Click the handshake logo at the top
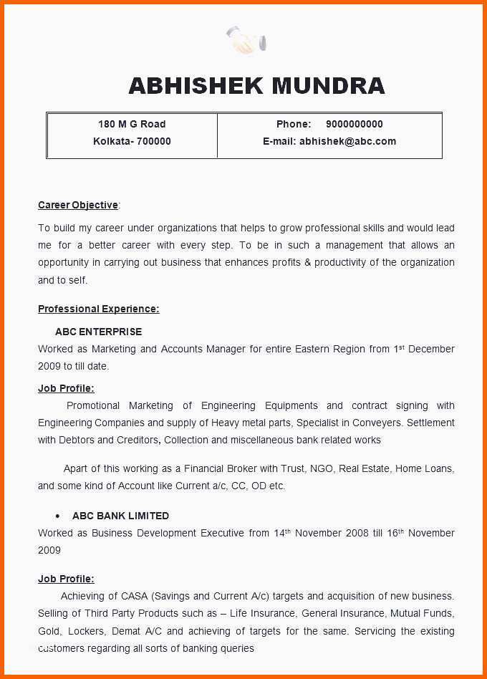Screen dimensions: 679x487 (x=246, y=40)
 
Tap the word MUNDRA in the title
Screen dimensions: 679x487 (x=329, y=86)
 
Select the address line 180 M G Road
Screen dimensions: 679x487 (x=132, y=124)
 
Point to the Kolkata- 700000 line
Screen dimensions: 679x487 (x=132, y=141)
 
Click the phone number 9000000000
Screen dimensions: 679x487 (x=354, y=124)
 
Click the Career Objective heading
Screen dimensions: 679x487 (x=78, y=206)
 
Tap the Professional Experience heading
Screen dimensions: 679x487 (x=98, y=309)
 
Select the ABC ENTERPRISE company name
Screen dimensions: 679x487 (x=98, y=332)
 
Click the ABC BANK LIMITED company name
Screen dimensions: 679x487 (x=120, y=516)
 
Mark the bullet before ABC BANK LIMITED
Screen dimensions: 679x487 (x=57, y=516)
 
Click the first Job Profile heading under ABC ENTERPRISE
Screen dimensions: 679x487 (x=66, y=388)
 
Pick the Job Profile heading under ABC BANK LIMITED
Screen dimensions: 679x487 (x=66, y=579)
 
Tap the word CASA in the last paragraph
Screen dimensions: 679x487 (x=134, y=596)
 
